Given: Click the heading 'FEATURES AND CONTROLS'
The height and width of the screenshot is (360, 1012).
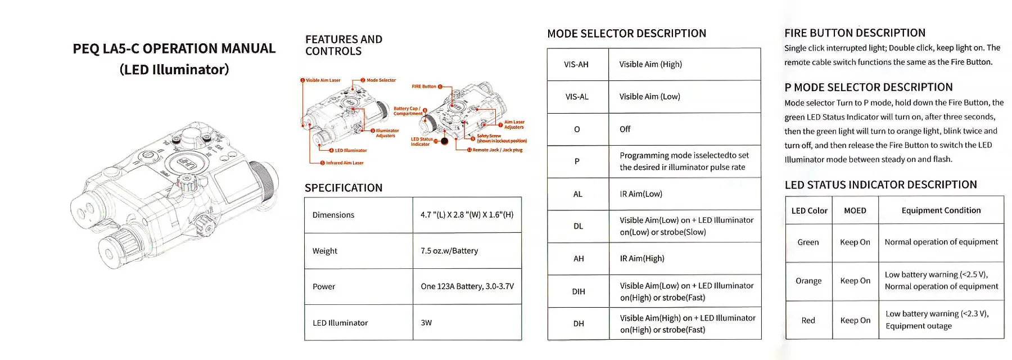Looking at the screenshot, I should tap(344, 45).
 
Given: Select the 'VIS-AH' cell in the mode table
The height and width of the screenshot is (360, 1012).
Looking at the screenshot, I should tap(576, 65).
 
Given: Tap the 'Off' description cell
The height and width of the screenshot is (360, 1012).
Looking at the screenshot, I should tap(625, 129).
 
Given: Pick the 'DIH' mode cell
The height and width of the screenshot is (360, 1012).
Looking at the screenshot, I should tap(579, 291).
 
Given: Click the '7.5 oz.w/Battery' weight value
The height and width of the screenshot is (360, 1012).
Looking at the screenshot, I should tap(449, 251).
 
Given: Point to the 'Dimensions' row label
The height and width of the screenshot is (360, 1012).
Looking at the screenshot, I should tap(333, 215).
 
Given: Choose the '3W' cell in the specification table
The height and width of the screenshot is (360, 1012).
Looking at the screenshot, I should tap(426, 323).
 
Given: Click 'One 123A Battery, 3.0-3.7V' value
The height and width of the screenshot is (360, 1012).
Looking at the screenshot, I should tap(467, 286).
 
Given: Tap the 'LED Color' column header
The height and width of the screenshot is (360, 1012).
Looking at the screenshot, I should tap(809, 211).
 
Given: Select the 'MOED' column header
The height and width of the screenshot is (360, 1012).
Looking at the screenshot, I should tap(855, 211).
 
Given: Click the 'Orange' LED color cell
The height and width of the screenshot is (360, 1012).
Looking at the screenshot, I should tap(808, 281).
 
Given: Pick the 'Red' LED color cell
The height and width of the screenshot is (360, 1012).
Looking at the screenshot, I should tap(808, 321).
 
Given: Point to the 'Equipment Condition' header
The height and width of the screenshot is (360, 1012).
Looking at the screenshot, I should tap(941, 210).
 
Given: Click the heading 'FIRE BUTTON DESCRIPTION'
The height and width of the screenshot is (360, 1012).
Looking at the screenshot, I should tap(855, 33).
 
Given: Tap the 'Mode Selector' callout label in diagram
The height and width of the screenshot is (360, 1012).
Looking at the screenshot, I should tap(381, 80).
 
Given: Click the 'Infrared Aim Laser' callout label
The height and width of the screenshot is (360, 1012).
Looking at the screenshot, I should tap(345, 163).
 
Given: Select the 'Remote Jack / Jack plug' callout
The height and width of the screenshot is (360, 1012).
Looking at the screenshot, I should tap(497, 150).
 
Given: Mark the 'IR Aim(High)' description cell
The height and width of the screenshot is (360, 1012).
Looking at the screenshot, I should tap(641, 259).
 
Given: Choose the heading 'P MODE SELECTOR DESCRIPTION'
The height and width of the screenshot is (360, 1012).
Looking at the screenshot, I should tap(868, 87).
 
